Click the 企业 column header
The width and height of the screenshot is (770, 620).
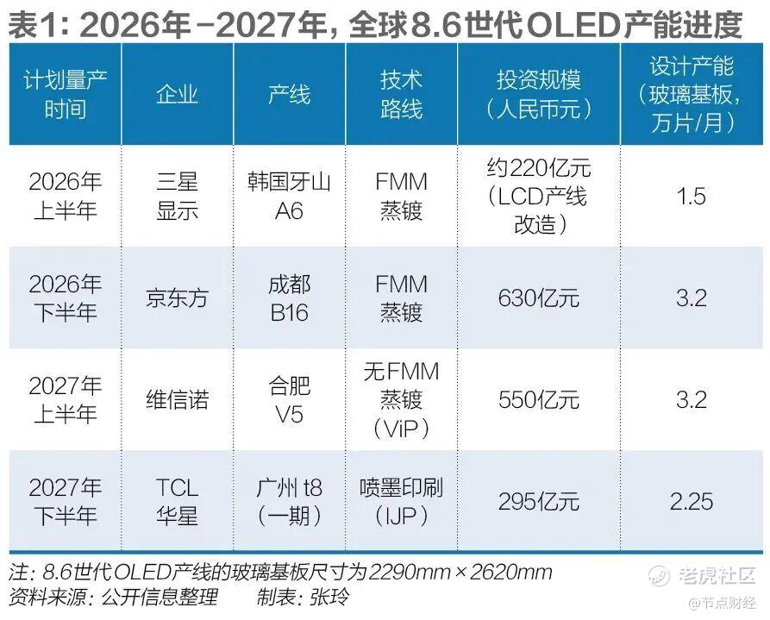pyautogui.click(x=177, y=94)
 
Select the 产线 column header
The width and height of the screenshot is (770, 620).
pyautogui.click(x=289, y=94)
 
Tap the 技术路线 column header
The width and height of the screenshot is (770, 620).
pyautogui.click(x=401, y=94)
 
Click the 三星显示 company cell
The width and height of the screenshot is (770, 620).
pyautogui.click(x=177, y=196)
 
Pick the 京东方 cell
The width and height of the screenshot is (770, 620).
pyautogui.click(x=177, y=298)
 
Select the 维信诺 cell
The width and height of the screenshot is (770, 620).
pyautogui.click(x=177, y=399)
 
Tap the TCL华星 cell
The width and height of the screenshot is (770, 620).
pyautogui.click(x=177, y=501)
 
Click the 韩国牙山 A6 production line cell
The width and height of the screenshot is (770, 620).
pyautogui.click(x=289, y=196)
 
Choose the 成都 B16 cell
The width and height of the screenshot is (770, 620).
pyautogui.click(x=289, y=298)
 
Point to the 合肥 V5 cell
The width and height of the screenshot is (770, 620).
pyautogui.click(x=289, y=399)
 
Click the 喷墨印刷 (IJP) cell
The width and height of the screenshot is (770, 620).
pyautogui.click(x=401, y=501)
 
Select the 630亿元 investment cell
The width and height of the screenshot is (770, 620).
pyautogui.click(x=538, y=298)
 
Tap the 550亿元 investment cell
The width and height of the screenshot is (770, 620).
pyautogui.click(x=538, y=399)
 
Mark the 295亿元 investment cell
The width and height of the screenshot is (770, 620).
pyautogui.click(x=538, y=501)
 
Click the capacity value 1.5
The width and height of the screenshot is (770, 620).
pyautogui.click(x=692, y=197)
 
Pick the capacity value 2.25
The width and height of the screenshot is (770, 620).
pyautogui.click(x=692, y=501)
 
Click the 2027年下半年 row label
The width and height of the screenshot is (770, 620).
pyautogui.click(x=65, y=501)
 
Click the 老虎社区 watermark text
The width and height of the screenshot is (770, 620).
pyautogui.click(x=716, y=575)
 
